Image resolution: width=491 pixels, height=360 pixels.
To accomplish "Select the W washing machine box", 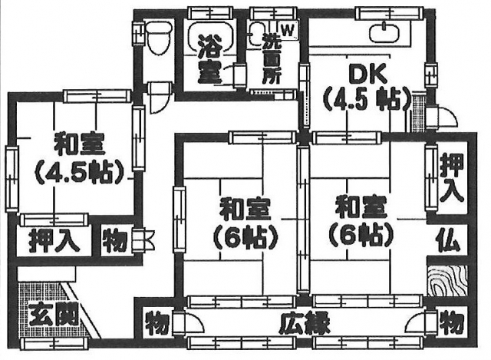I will (287, 30).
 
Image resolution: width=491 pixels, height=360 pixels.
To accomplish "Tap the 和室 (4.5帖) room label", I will (79, 157).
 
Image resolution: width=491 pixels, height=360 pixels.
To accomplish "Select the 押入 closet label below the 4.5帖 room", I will (54, 240).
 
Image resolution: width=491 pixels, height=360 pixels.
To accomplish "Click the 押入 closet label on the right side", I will (451, 177).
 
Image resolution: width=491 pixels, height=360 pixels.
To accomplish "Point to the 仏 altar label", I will (449, 241).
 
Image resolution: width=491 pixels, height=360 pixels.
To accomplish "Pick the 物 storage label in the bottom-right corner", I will (451, 319).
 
